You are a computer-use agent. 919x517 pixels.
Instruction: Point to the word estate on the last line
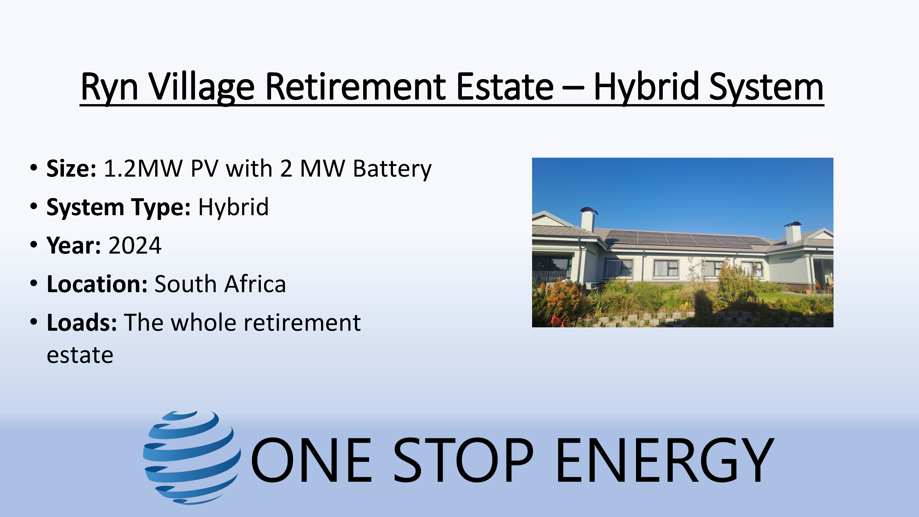80,355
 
